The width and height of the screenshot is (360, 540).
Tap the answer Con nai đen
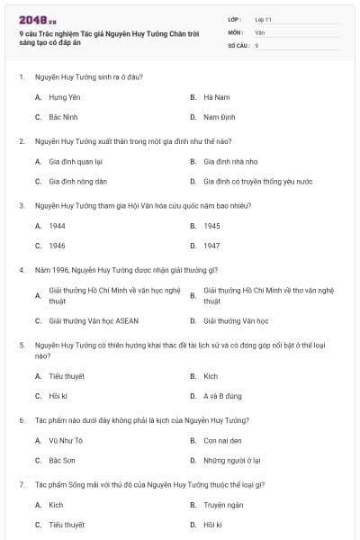(221, 440)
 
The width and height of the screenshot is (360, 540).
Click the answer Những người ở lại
(231, 460)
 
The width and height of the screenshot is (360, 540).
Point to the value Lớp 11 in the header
(264, 18)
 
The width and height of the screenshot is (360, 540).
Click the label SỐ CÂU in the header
(237, 44)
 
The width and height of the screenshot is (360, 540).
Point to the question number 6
(21, 420)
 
